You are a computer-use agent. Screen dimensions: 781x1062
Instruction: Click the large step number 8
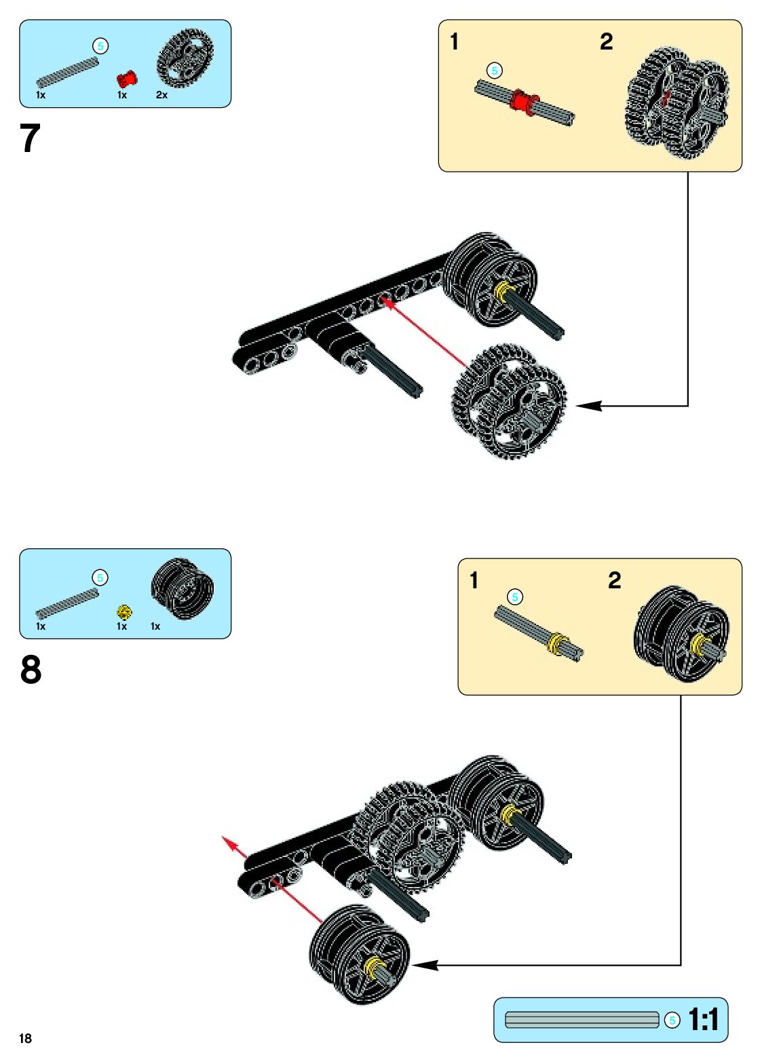[x=31, y=670]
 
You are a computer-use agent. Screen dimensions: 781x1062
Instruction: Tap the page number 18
[x=26, y=1038]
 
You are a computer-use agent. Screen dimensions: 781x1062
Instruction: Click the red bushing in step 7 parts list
[x=126, y=79]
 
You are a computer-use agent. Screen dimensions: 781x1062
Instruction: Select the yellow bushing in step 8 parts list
[x=123, y=612]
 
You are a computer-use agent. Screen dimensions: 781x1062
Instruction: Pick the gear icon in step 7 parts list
[x=185, y=58]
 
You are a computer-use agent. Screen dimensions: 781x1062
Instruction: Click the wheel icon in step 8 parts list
[x=182, y=589]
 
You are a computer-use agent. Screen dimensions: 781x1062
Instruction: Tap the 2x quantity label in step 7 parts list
[x=161, y=95]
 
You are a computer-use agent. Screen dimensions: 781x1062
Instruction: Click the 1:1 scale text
[x=703, y=1019]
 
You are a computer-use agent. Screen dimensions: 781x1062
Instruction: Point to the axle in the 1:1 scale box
[x=582, y=1020]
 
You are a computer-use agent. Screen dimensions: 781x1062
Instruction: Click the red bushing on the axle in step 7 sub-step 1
[x=523, y=101]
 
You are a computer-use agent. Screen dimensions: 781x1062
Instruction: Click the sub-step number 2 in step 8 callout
[x=614, y=580]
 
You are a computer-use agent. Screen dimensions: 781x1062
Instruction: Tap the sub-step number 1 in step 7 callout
[x=455, y=42]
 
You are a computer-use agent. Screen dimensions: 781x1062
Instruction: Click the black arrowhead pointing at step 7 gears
[x=588, y=406]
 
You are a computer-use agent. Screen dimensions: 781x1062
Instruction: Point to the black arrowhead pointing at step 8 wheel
[x=423, y=964]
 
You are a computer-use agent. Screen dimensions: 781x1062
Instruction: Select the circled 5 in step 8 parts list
[x=100, y=577]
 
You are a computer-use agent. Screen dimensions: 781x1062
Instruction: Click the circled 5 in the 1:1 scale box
[x=672, y=1020]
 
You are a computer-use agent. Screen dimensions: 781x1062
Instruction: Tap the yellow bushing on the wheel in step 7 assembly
[x=503, y=291]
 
